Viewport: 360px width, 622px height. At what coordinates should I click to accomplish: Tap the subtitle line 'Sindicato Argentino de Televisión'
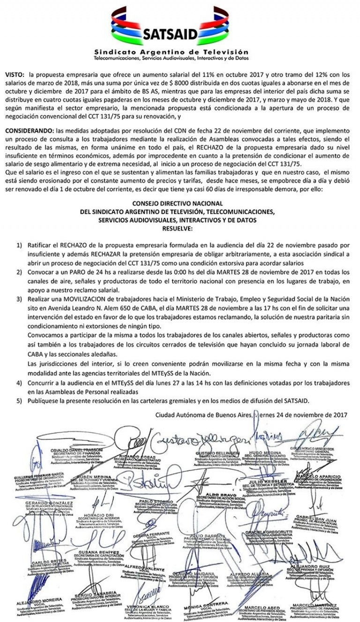pyautogui.click(x=171, y=52)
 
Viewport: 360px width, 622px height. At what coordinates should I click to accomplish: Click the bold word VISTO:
pyautogui.click(x=15, y=75)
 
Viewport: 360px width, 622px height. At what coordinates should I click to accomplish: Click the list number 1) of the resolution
pyautogui.click(x=19, y=245)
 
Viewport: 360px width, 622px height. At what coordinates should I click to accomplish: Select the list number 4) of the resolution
pyautogui.click(x=19, y=383)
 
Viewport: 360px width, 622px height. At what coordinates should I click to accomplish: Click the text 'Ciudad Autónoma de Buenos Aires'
pyautogui.click(x=203, y=414)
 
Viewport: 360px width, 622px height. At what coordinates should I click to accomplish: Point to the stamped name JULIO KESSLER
pyautogui.click(x=261, y=482)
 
